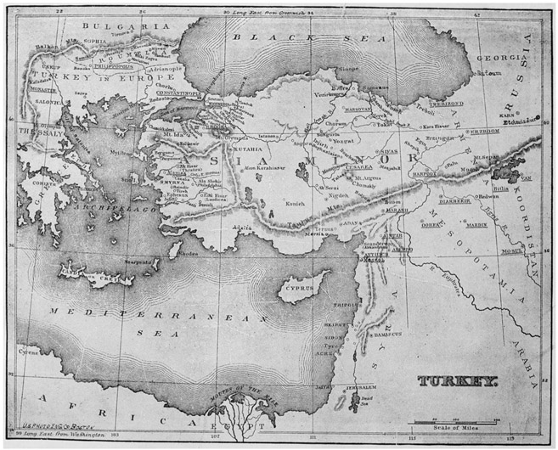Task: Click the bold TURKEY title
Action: point(457,380)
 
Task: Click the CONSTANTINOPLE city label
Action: point(179,91)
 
